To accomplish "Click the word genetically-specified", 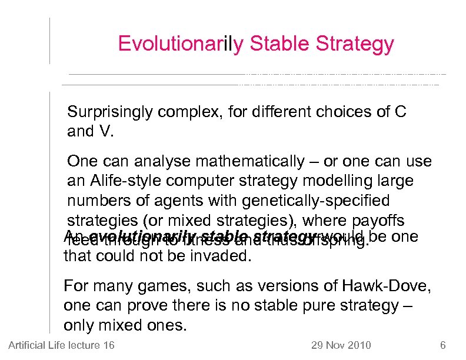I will coord(324,201).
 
